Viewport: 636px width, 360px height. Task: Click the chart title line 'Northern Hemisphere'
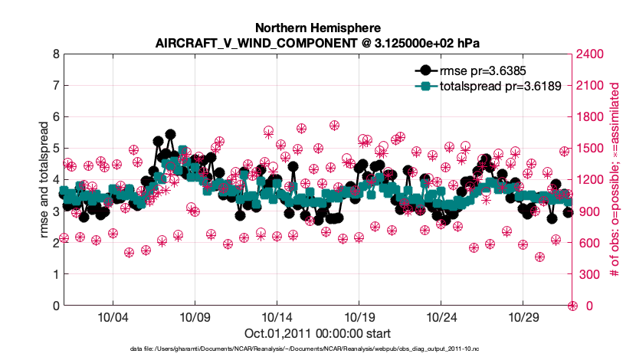point(317,26)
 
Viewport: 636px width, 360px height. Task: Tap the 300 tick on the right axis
point(590,274)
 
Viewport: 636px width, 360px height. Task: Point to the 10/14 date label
point(277,317)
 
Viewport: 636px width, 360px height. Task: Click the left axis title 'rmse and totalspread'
point(44,179)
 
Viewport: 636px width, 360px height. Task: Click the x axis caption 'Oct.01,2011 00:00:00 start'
point(317,333)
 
